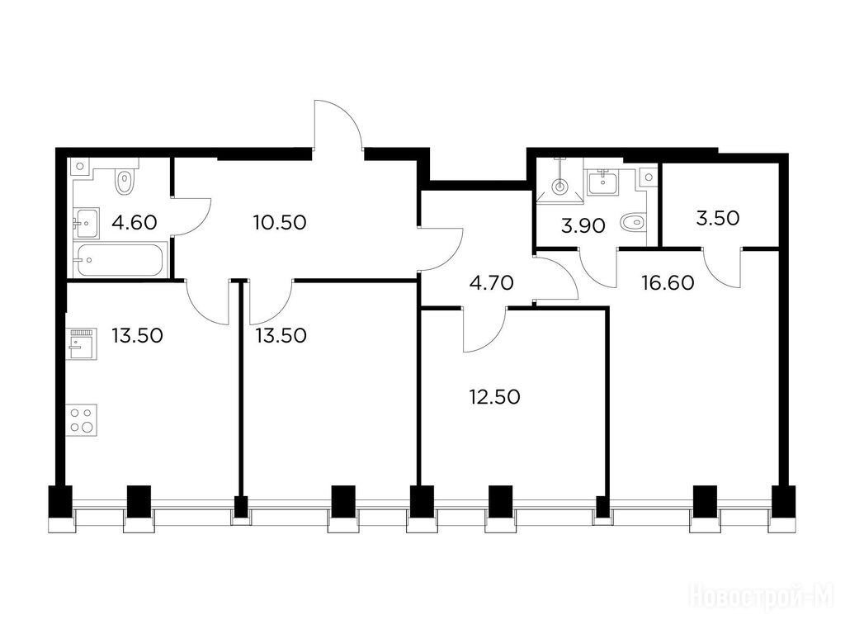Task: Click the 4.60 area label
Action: pos(135,222)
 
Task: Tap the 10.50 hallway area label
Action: pos(280,222)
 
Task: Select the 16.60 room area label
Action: pos(668,282)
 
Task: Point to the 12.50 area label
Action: pos(494,397)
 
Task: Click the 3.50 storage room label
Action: pos(717,218)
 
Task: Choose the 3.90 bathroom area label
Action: pos(583,226)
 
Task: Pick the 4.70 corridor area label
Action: pos(492,282)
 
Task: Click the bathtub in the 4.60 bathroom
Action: pos(119,260)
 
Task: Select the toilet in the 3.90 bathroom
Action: pos(633,221)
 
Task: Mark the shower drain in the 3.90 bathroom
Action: pos(560,187)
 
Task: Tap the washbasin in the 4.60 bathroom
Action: pos(86,223)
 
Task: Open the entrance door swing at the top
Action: pos(338,124)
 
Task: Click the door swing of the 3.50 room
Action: pos(723,268)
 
